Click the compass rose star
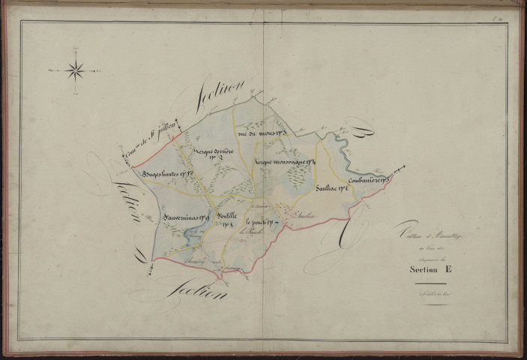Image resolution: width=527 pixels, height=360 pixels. click(75, 71)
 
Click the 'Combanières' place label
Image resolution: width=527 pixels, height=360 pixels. click(367, 180)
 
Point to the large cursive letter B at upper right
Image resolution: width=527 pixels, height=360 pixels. click(365, 137)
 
